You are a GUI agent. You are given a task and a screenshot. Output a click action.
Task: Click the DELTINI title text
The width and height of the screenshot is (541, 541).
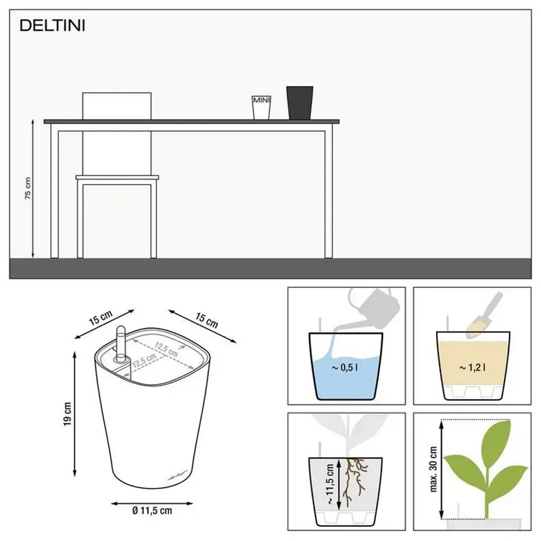point(51,26)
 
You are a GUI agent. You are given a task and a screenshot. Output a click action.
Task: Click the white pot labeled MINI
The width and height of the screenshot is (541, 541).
point(261,107)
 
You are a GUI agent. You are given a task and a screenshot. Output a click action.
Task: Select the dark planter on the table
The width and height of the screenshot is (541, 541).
point(300,102)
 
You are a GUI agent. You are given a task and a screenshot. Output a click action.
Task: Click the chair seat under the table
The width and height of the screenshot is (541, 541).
point(117,179)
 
